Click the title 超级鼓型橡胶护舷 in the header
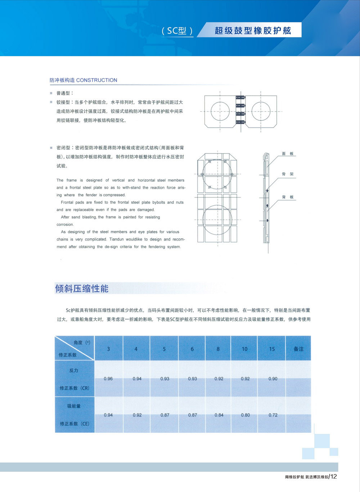[253, 31]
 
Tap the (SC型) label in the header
[177, 31]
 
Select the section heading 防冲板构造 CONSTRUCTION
[83, 80]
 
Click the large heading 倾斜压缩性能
[82, 289]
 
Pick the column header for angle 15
[272, 349]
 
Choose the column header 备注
[298, 349]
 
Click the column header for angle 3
[108, 349]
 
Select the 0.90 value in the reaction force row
[273, 379]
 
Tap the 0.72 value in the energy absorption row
[273, 415]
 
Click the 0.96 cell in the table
[108, 379]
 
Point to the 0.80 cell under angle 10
[245, 415]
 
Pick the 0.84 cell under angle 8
[219, 415]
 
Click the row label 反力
[74, 370]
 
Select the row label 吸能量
[74, 406]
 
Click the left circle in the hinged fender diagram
[220, 111]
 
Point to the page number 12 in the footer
[333, 476]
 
